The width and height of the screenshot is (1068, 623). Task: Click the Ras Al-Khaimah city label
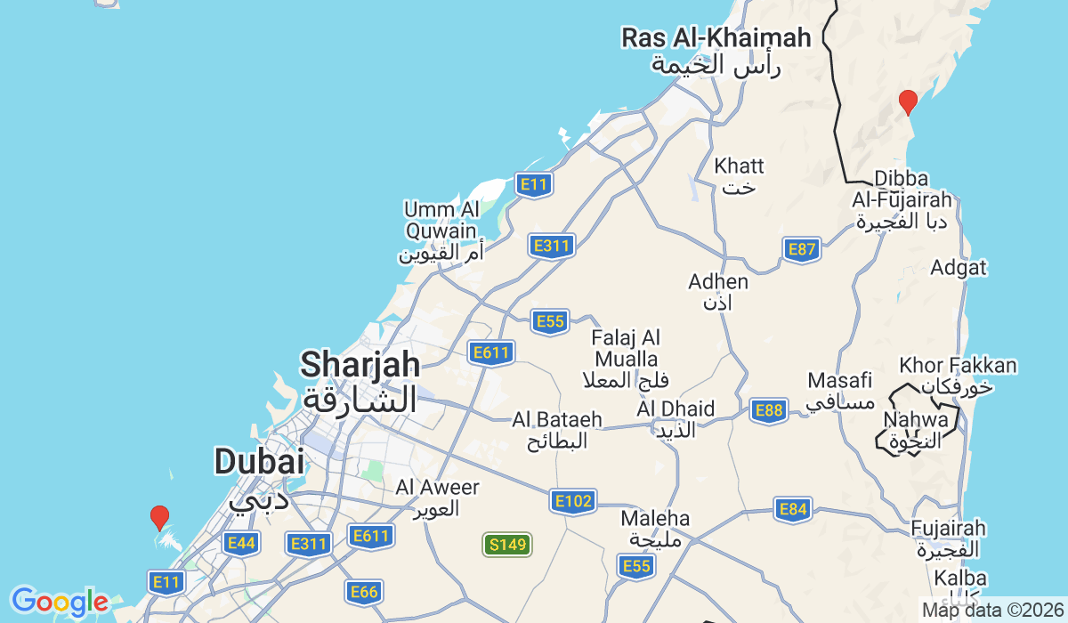click(716, 38)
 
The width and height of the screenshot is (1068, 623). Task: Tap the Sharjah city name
click(360, 365)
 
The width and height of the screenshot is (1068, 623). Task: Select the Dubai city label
click(259, 462)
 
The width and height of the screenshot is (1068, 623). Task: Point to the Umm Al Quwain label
click(441, 221)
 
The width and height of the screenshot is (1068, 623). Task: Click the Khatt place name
click(739, 166)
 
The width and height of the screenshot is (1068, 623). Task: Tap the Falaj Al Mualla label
click(626, 349)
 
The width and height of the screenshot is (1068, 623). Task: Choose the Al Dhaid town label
click(676, 409)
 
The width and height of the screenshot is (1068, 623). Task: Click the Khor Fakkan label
click(958, 366)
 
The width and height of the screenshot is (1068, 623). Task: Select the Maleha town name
click(656, 518)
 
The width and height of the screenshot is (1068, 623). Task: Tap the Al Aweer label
click(437, 488)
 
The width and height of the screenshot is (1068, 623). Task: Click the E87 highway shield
click(802, 250)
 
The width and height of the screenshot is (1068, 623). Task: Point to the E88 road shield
click(768, 410)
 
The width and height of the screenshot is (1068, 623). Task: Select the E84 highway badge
click(792, 509)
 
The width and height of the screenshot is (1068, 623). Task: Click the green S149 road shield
click(507, 545)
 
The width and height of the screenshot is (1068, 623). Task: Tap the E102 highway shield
click(572, 501)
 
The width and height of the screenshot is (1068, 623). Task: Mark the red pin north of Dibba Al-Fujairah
click(908, 101)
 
